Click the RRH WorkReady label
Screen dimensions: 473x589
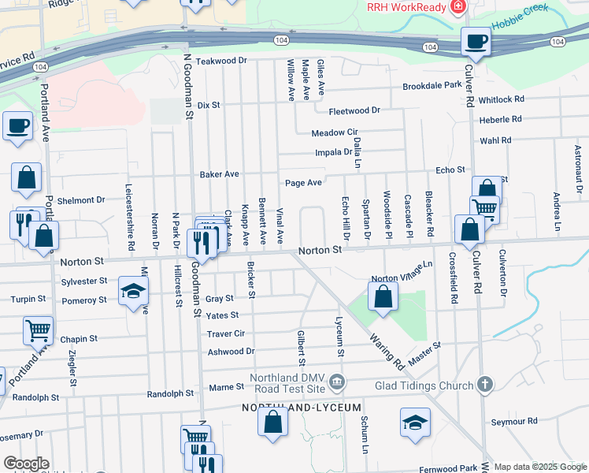(x=406, y=6)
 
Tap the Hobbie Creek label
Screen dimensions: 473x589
(x=520, y=22)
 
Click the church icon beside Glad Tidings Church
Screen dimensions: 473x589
(x=485, y=384)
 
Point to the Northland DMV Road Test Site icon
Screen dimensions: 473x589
(x=338, y=383)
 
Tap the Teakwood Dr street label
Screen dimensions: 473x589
(x=221, y=61)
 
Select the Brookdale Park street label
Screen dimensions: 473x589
(x=432, y=86)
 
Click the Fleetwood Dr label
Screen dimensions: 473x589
(x=354, y=111)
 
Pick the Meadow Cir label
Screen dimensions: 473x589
(x=335, y=133)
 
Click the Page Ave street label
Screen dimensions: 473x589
(x=303, y=183)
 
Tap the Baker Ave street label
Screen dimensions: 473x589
(x=219, y=174)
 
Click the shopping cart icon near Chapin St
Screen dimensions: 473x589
(x=38, y=330)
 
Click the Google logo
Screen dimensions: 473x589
(x=26, y=464)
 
